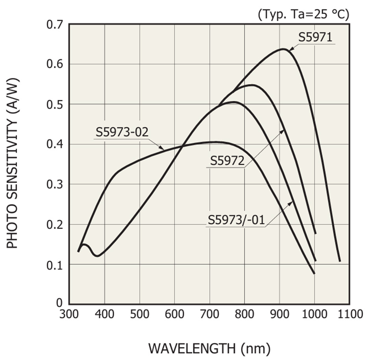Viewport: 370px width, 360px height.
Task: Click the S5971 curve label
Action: [315, 38]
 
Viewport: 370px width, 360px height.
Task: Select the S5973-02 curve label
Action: [122, 132]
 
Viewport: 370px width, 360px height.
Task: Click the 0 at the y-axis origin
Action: [59, 303]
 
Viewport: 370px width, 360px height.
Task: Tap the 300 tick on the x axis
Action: [70, 314]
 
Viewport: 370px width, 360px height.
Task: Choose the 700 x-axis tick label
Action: [209, 314]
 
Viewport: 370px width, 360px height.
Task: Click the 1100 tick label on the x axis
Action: [349, 314]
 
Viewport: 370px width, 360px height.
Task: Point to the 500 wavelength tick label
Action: [140, 314]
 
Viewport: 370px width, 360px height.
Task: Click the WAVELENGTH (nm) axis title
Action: [209, 348]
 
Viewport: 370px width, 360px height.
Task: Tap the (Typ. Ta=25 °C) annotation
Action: [303, 15]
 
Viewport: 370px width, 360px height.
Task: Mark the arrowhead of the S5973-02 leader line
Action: [163, 149]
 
